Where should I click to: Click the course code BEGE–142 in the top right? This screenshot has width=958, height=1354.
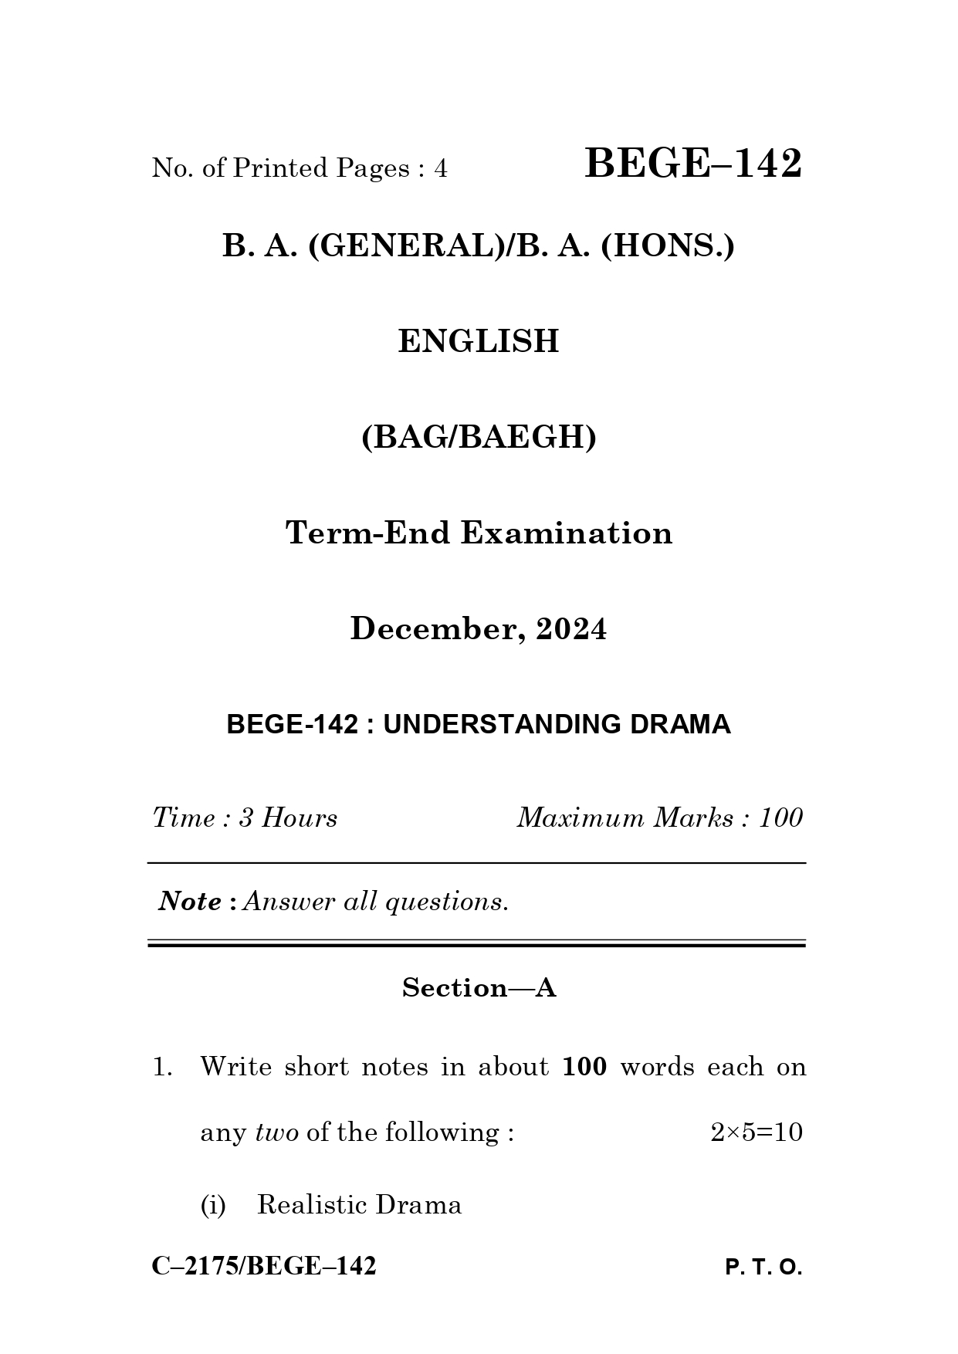click(x=692, y=164)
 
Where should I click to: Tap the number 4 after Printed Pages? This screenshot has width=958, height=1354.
click(x=440, y=168)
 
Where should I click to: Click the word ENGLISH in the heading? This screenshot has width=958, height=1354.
click(x=478, y=341)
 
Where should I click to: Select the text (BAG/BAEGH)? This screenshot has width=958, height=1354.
click(x=479, y=438)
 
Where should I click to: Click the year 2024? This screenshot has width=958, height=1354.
click(x=571, y=629)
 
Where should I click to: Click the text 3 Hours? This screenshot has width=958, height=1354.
click(x=287, y=817)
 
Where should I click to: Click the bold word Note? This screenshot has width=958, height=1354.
click(x=190, y=901)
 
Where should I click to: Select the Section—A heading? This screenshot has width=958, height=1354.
click(x=479, y=987)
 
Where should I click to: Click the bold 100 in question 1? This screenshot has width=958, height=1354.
click(x=584, y=1067)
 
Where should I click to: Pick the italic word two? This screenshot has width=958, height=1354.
click(x=276, y=1132)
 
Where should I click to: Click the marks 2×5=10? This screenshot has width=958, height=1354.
click(x=756, y=1132)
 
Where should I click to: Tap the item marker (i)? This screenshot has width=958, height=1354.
click(x=213, y=1204)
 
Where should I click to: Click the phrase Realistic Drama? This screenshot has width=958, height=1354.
click(x=359, y=1204)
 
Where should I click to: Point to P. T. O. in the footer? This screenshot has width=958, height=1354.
click(x=763, y=1268)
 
